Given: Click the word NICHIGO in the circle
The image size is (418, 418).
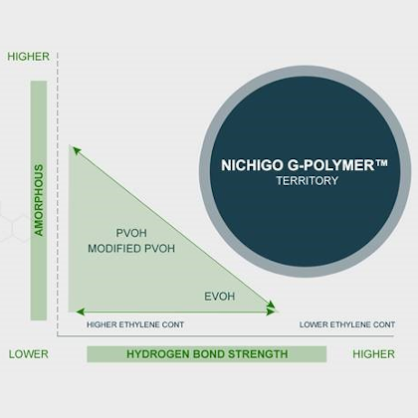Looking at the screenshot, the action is (x=252, y=165).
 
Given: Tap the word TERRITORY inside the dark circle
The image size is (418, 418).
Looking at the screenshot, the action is (x=308, y=181).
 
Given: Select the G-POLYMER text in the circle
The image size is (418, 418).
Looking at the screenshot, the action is (x=330, y=165).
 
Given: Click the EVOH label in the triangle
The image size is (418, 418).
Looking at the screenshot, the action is (x=220, y=297).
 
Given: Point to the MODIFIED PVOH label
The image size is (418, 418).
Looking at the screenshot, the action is (x=131, y=249).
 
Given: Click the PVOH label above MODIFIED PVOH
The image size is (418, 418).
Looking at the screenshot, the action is (x=131, y=233).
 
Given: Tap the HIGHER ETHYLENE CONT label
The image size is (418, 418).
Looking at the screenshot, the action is (x=135, y=324).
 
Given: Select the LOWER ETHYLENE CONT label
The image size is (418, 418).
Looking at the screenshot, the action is (x=347, y=324).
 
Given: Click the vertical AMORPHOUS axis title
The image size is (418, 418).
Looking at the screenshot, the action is (x=39, y=200).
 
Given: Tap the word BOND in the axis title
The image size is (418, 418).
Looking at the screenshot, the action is (x=209, y=354).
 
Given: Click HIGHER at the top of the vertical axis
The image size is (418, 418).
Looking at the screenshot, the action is (x=29, y=57).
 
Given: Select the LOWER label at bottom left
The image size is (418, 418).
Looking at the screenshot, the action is (x=29, y=354).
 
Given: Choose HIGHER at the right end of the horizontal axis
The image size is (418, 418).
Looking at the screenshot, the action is (x=374, y=354).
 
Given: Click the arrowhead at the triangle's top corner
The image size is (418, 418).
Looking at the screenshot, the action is (x=77, y=151).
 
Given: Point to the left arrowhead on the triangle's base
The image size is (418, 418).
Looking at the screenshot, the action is (x=80, y=312).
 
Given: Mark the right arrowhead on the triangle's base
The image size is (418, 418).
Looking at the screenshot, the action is (x=271, y=312).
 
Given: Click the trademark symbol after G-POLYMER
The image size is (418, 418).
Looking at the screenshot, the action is (x=381, y=162).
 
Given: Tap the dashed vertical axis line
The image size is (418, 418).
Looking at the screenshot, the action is (x=57, y=194).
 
